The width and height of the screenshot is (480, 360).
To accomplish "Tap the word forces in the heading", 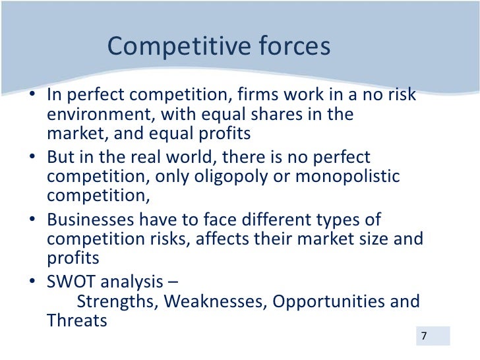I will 293,47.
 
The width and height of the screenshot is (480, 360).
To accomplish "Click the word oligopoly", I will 236,177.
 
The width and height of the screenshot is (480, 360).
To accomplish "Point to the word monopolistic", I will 355,177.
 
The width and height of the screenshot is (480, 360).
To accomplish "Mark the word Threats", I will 76,322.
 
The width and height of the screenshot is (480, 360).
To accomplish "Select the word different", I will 271,220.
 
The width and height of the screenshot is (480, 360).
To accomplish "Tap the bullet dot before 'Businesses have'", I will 33,220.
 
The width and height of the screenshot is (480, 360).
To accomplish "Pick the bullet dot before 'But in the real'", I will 33,158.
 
